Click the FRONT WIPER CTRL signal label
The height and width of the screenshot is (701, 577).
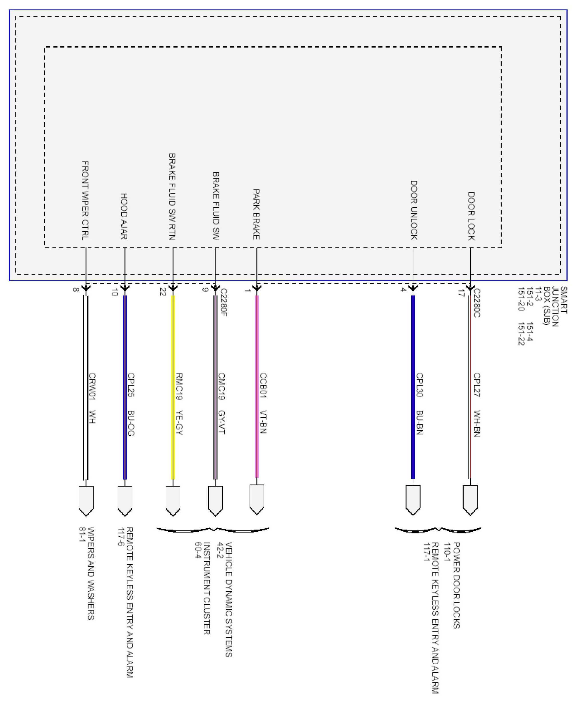[x=85, y=200]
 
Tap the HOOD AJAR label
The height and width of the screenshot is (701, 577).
[x=124, y=216]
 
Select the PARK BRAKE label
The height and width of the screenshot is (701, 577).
[x=256, y=214]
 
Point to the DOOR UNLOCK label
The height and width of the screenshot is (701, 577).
[x=414, y=210]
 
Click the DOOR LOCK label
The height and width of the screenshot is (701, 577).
[x=471, y=216]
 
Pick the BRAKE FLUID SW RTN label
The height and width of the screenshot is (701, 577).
[x=172, y=196]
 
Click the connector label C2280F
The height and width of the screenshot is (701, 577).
[x=224, y=302]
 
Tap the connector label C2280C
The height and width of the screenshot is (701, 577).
[x=477, y=303]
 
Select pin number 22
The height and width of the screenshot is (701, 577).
[x=163, y=292]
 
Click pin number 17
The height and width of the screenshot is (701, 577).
[x=461, y=293]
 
